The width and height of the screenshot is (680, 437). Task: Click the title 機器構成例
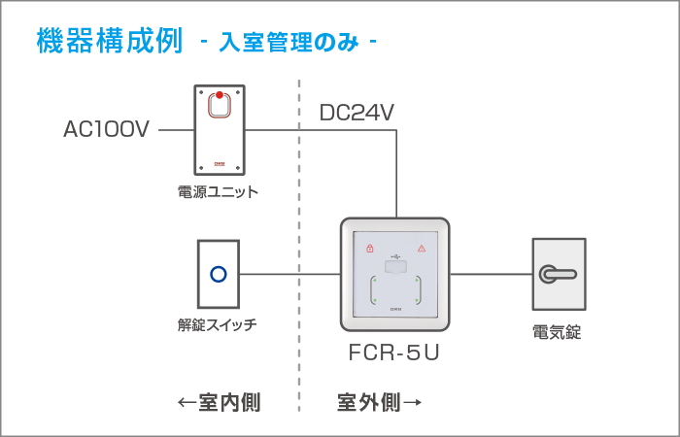pos(110,41)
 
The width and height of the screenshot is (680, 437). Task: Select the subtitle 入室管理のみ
pos(289,43)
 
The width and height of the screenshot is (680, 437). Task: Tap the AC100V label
pos(106,129)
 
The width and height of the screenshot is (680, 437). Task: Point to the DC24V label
pos(357,113)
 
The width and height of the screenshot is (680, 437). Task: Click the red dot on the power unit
pos(220,95)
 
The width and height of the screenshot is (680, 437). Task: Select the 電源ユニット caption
pos(218,191)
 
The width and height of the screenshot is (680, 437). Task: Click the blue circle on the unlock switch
pos(219,274)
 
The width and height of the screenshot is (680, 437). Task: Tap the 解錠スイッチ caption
pos(217,324)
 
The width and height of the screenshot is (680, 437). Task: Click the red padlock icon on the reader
pos(370,248)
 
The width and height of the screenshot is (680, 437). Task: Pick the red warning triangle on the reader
pos(421,249)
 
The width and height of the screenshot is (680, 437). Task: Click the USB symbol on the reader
pos(395,256)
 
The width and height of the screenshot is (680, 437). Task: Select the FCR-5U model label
pos(393,353)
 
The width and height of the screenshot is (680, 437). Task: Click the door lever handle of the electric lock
pos(557,274)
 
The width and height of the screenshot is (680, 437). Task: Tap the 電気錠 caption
pos(557,332)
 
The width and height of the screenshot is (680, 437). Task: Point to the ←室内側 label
pos(219,403)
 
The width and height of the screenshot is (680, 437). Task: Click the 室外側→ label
pos(379,403)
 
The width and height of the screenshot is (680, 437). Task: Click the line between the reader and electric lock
pos(492,274)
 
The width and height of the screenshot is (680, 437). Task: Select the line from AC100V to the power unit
pos(176,129)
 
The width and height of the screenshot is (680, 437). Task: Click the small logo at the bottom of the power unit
pos(220,164)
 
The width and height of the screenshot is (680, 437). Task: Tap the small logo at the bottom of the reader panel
pos(395,309)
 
